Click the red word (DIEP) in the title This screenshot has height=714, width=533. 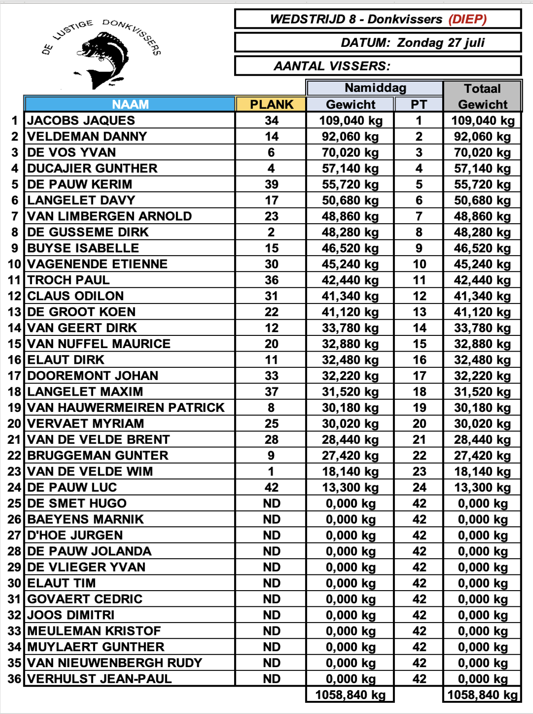pyautogui.click(x=467, y=19)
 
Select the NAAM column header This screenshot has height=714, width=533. pyautogui.click(x=130, y=104)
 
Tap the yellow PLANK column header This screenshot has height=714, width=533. pyautogui.click(x=271, y=104)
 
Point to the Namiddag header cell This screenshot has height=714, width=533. pyautogui.click(x=375, y=88)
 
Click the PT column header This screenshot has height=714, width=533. pyautogui.click(x=419, y=104)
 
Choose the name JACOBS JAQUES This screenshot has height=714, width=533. pyautogui.click(x=81, y=121)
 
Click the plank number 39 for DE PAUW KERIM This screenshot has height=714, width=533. pyautogui.click(x=271, y=185)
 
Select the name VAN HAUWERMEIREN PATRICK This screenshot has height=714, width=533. pyautogui.click(x=126, y=408)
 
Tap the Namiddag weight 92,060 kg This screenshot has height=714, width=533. pyautogui.click(x=350, y=137)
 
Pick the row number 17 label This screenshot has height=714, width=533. pyautogui.click(x=14, y=376)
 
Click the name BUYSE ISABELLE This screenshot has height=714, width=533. pyautogui.click(x=83, y=249)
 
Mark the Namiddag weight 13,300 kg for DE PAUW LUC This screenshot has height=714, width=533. pyautogui.click(x=350, y=488)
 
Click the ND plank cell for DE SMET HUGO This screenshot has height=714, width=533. pyautogui.click(x=271, y=504)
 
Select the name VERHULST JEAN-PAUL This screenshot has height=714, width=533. pyautogui.click(x=99, y=679)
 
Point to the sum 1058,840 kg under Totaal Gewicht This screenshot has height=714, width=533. pyautogui.click(x=482, y=695)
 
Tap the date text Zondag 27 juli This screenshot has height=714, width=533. pyautogui.click(x=441, y=43)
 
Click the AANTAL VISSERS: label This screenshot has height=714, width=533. pyautogui.click(x=332, y=66)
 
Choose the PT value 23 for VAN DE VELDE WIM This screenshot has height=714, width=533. pyautogui.click(x=419, y=472)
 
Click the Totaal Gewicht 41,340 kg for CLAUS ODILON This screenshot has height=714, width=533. pyautogui.click(x=482, y=296)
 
